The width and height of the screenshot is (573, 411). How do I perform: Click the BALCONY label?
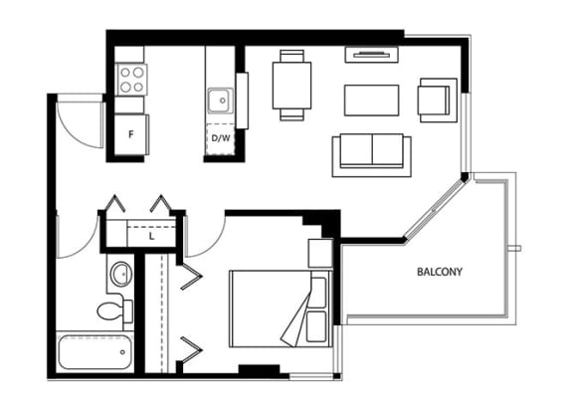tap(440, 272)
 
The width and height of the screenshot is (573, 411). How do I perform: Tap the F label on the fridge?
tap(131, 134)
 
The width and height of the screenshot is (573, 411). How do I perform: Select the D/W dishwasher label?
tap(221, 138)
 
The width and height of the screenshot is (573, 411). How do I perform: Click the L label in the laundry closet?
tap(151, 237)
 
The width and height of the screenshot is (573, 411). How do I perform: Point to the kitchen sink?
tap(221, 101)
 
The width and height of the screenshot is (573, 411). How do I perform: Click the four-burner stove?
tap(132, 80)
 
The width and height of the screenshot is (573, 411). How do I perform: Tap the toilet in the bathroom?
tap(114, 310)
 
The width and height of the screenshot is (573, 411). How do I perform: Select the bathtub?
tap(95, 352)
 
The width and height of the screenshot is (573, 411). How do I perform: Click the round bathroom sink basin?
tap(121, 274)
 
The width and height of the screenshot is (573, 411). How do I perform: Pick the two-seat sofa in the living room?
tap(372, 155)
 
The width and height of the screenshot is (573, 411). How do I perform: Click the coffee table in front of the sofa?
tap(371, 101)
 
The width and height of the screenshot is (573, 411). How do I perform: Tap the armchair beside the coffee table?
tap(438, 101)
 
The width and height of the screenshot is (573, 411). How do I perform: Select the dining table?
tap(292, 86)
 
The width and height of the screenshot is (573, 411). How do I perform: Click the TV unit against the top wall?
tap(372, 55)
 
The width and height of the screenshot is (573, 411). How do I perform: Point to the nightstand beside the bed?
tap(320, 254)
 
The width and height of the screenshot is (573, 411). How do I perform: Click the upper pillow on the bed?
tap(318, 293)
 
